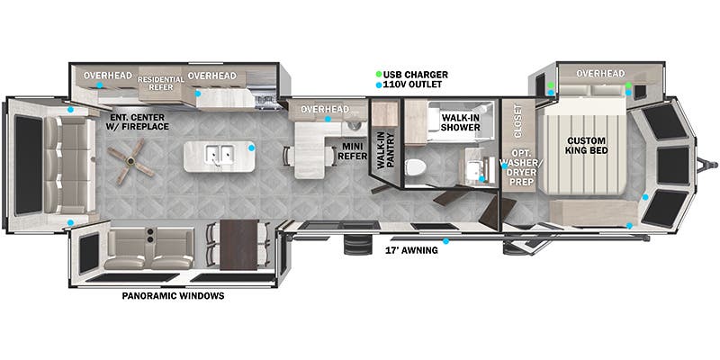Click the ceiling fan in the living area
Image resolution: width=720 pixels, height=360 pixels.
(x=130, y=161)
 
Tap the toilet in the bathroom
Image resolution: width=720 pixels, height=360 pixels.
(x=414, y=166)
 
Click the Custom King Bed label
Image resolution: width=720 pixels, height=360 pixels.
(x=586, y=145)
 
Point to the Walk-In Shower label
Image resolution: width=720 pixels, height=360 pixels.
(x=461, y=122)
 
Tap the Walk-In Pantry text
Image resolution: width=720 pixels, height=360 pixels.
(x=387, y=151)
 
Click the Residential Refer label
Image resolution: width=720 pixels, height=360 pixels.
(x=162, y=83)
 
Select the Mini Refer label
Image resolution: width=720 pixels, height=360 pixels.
(x=354, y=151)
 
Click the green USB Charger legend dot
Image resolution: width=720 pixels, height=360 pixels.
(x=378, y=74)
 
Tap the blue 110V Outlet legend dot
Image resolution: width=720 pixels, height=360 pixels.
(x=378, y=85)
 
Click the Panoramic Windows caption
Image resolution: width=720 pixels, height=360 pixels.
(x=173, y=296)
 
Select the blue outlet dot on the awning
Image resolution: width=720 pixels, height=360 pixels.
(x=445, y=241)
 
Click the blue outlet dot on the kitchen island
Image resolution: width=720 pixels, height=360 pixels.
(x=252, y=148)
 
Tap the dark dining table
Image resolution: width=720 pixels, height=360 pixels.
(x=238, y=245)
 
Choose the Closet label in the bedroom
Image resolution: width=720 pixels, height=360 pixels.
(x=517, y=121)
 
